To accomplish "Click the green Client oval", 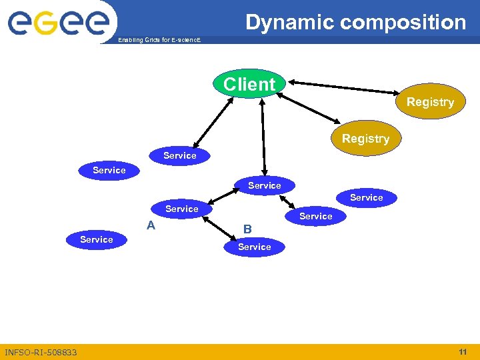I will (249, 85).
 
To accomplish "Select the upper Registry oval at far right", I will (430, 102).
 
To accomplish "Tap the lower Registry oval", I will (365, 139).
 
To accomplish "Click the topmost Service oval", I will (180, 155).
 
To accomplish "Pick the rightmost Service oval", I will (366, 197).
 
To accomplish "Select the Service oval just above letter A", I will (181, 209).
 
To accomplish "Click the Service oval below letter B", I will (255, 247).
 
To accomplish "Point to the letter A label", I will (151, 225).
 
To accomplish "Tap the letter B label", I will (247, 229).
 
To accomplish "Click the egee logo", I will (58, 22).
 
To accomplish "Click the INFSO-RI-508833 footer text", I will (41, 352).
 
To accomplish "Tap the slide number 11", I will (462, 351).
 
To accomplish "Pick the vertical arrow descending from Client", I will (264, 137).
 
